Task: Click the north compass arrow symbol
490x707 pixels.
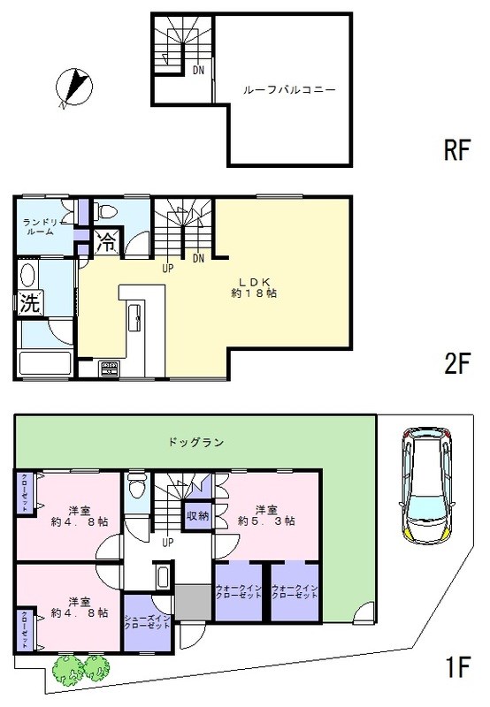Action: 73,88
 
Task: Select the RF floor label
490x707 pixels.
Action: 456,151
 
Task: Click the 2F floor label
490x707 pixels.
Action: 456,364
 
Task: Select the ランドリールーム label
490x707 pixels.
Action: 40,226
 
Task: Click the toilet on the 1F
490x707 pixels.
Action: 137,486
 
